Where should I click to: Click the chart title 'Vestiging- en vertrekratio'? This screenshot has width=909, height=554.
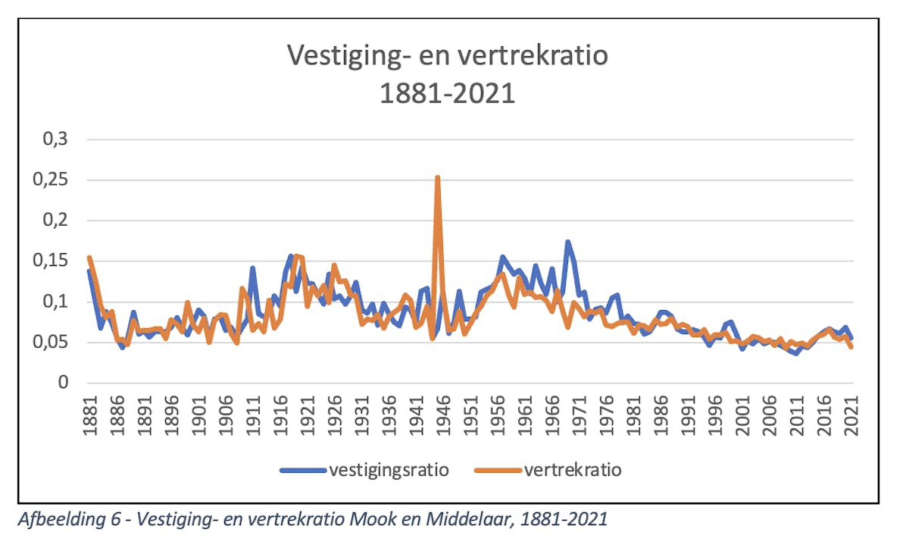[x=447, y=55]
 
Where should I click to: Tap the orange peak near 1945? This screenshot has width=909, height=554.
[x=438, y=178]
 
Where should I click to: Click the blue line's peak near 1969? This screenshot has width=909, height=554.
[x=567, y=243]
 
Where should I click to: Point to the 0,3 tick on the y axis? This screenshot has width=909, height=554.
[x=53, y=140]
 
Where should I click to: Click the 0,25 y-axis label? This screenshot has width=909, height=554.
[x=48, y=180]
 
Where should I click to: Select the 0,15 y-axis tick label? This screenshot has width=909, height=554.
[x=48, y=261]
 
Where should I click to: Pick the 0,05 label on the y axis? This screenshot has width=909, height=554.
[x=48, y=343]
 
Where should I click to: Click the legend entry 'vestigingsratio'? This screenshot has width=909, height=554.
[x=389, y=470]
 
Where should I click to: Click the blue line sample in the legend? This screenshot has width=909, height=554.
[x=303, y=470]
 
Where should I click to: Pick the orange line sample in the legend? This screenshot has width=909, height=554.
[x=498, y=470]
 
